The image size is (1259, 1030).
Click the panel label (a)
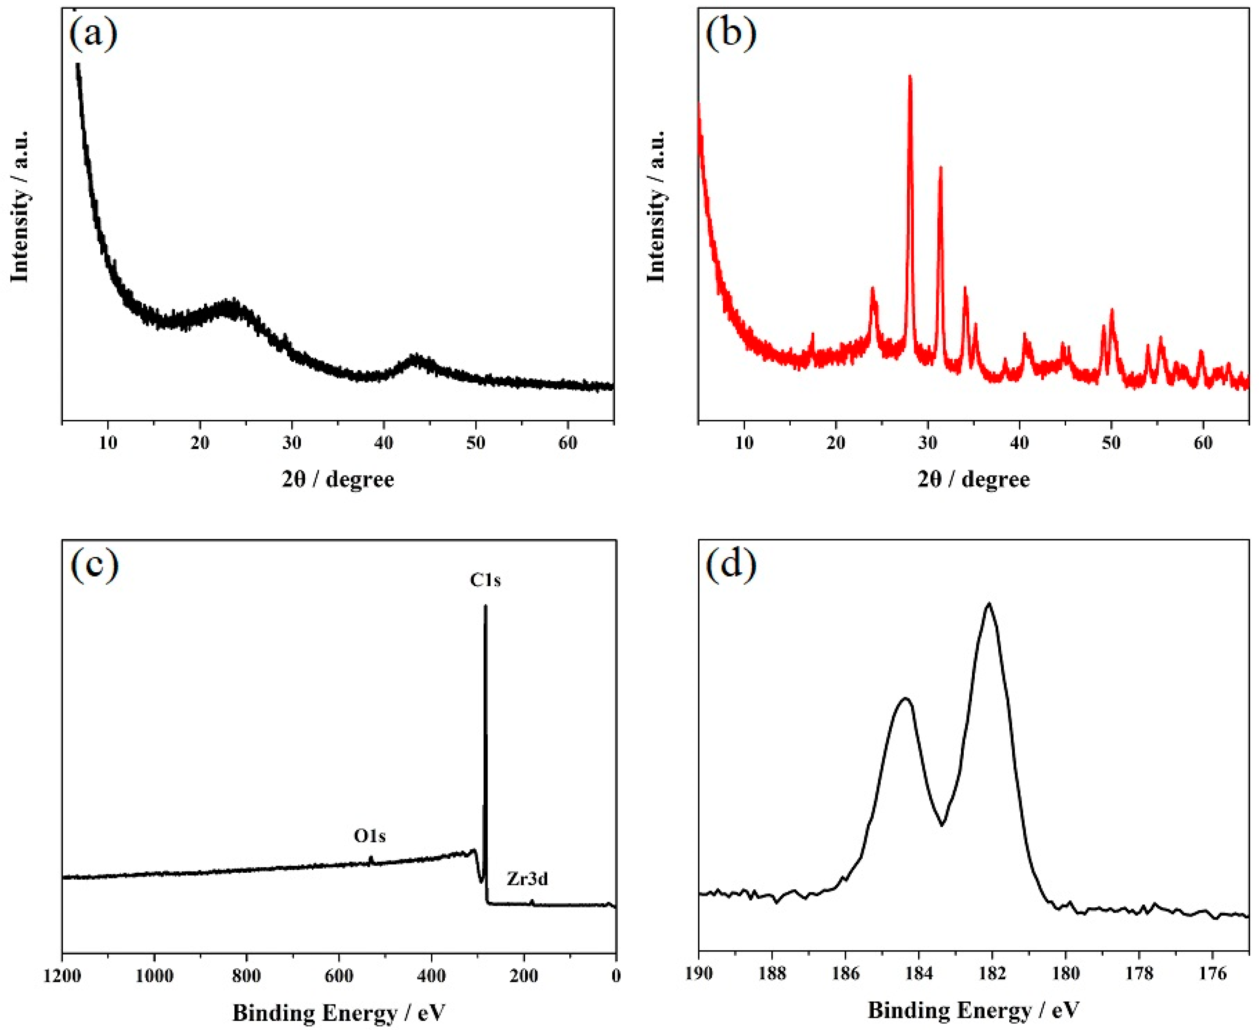(x=93, y=35)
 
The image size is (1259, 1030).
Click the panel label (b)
(x=731, y=35)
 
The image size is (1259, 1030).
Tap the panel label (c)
(x=93, y=564)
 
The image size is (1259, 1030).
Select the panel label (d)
(x=731, y=564)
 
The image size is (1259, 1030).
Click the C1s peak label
(x=485, y=580)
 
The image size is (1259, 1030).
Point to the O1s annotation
(x=370, y=836)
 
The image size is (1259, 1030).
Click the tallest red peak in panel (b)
(x=910, y=77)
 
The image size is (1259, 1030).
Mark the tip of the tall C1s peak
(x=486, y=606)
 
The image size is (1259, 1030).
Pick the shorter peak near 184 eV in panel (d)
(x=906, y=699)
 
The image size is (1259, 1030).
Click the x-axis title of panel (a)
(x=337, y=479)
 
